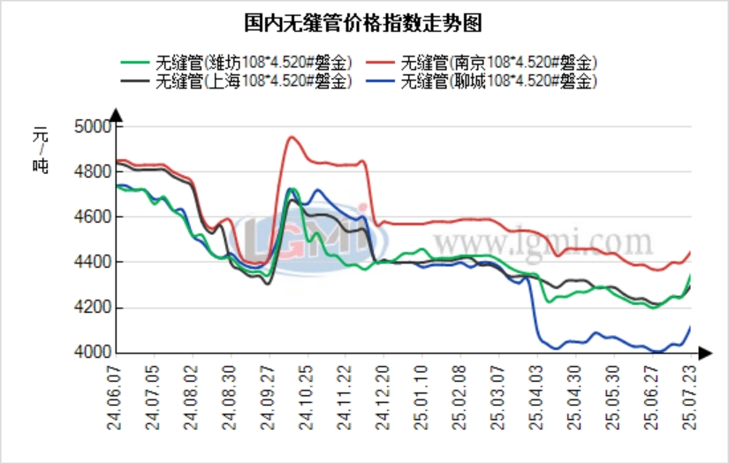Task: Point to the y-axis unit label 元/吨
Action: click(x=41, y=150)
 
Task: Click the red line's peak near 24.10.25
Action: click(x=292, y=137)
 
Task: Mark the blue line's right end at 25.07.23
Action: click(x=690, y=327)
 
